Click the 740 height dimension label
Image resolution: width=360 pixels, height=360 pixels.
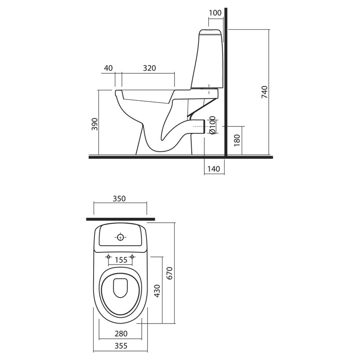(x=265, y=92)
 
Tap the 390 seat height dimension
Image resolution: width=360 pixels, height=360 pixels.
(x=94, y=124)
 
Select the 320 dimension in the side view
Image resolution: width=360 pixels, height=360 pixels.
(x=149, y=68)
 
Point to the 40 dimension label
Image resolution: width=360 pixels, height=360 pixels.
(x=108, y=68)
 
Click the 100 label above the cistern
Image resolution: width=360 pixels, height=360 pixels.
(x=215, y=13)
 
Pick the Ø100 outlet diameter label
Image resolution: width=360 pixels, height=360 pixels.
(x=212, y=125)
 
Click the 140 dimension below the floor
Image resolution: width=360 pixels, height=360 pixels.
(x=214, y=169)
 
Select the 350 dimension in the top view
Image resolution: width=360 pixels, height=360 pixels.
(x=119, y=198)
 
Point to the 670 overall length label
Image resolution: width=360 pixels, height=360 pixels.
(x=169, y=273)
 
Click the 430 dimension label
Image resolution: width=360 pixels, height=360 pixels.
(x=157, y=291)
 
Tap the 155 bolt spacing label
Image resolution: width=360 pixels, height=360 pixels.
(x=121, y=260)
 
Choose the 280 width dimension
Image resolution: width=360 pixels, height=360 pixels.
(x=121, y=333)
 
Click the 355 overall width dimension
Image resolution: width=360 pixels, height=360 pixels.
(x=121, y=346)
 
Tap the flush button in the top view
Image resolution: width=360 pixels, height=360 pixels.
(x=121, y=238)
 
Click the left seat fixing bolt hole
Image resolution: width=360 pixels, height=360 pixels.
(x=108, y=256)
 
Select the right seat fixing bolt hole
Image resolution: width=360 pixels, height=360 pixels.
(x=132, y=256)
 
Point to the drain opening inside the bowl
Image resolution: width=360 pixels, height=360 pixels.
(x=121, y=288)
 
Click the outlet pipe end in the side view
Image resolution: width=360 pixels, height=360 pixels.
(x=204, y=126)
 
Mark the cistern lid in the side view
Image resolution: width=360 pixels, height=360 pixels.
(x=211, y=32)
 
